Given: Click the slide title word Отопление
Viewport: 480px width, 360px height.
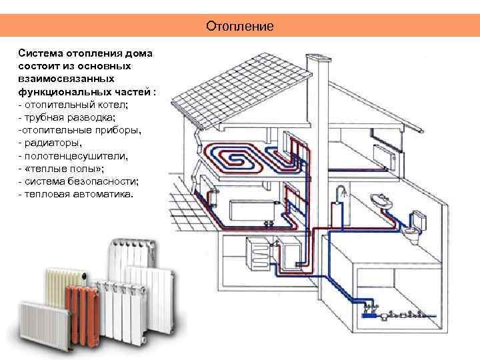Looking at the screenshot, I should [x=240, y=27].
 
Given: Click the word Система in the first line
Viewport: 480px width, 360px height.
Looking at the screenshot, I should [x=39, y=53].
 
